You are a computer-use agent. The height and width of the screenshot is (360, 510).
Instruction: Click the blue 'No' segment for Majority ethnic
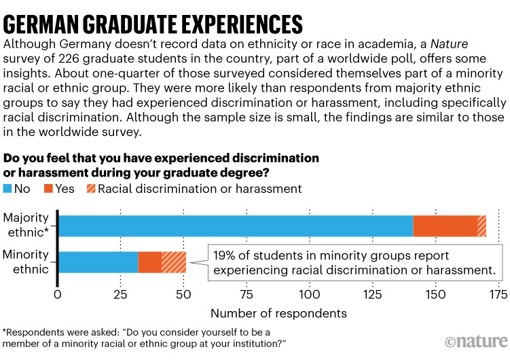(x=236, y=226)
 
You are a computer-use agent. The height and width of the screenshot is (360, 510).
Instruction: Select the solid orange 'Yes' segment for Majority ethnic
(x=445, y=226)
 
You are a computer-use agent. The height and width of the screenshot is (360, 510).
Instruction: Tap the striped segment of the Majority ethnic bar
(x=481, y=226)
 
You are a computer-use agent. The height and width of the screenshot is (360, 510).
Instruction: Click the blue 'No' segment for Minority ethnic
(x=99, y=262)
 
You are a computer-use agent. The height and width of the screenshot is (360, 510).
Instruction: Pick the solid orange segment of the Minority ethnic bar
(x=150, y=262)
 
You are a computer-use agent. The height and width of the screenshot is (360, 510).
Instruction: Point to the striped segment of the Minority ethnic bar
(x=174, y=262)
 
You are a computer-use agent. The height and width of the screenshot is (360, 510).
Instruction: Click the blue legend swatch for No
(x=8, y=189)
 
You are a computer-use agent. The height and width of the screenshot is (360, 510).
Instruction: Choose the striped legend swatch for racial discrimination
(x=91, y=189)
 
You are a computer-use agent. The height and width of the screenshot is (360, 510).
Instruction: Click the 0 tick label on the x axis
(x=58, y=295)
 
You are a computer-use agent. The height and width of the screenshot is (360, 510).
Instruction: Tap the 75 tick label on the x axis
(x=247, y=295)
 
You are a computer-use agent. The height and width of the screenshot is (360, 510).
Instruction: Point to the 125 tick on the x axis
(x=373, y=295)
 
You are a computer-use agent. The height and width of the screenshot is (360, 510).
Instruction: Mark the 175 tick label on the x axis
(x=498, y=295)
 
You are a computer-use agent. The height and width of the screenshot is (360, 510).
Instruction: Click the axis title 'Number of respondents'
(x=278, y=313)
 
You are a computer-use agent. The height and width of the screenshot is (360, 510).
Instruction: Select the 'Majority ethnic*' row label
(x=27, y=225)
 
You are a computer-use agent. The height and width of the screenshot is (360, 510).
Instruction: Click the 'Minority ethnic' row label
(x=27, y=262)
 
